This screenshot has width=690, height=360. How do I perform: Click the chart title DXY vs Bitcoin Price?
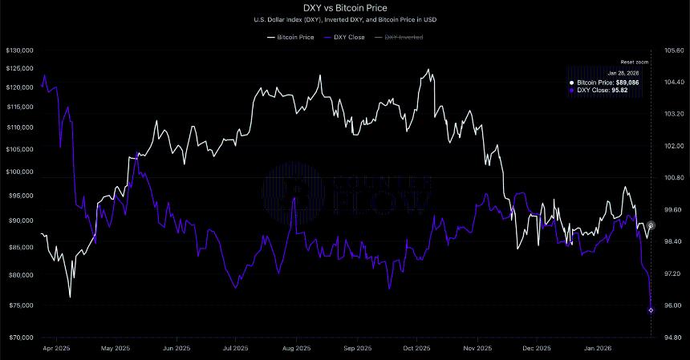click(x=344, y=8)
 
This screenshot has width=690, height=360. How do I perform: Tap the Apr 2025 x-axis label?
click(x=56, y=349)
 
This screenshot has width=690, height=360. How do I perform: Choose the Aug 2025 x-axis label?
click(x=297, y=349)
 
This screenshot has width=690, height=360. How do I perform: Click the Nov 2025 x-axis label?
click(x=477, y=349)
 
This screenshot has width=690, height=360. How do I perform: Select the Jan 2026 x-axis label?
click(x=598, y=349)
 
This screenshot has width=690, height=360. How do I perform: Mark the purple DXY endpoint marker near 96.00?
click(x=651, y=309)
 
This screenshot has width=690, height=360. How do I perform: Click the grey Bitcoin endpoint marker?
click(x=651, y=226)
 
